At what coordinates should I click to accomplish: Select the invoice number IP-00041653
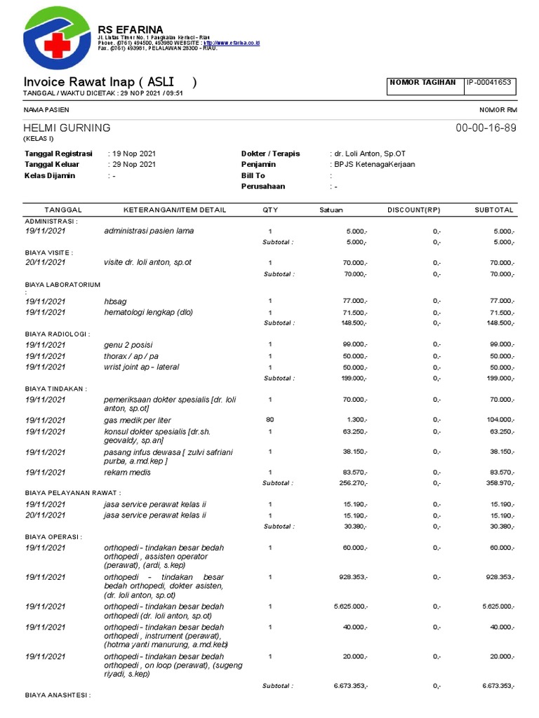click(x=489, y=83)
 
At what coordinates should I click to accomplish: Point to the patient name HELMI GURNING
click(x=67, y=128)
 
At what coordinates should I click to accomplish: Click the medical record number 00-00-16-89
click(x=486, y=128)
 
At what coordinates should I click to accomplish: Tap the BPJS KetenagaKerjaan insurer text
click(x=375, y=164)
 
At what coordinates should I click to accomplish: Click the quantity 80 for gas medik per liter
click(x=269, y=419)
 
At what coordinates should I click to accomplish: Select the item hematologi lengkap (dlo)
click(x=148, y=312)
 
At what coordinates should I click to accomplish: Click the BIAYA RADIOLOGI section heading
click(x=58, y=334)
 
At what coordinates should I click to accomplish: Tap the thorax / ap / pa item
click(x=131, y=356)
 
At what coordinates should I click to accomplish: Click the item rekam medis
click(x=127, y=473)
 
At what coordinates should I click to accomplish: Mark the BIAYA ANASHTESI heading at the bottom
click(x=58, y=696)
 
